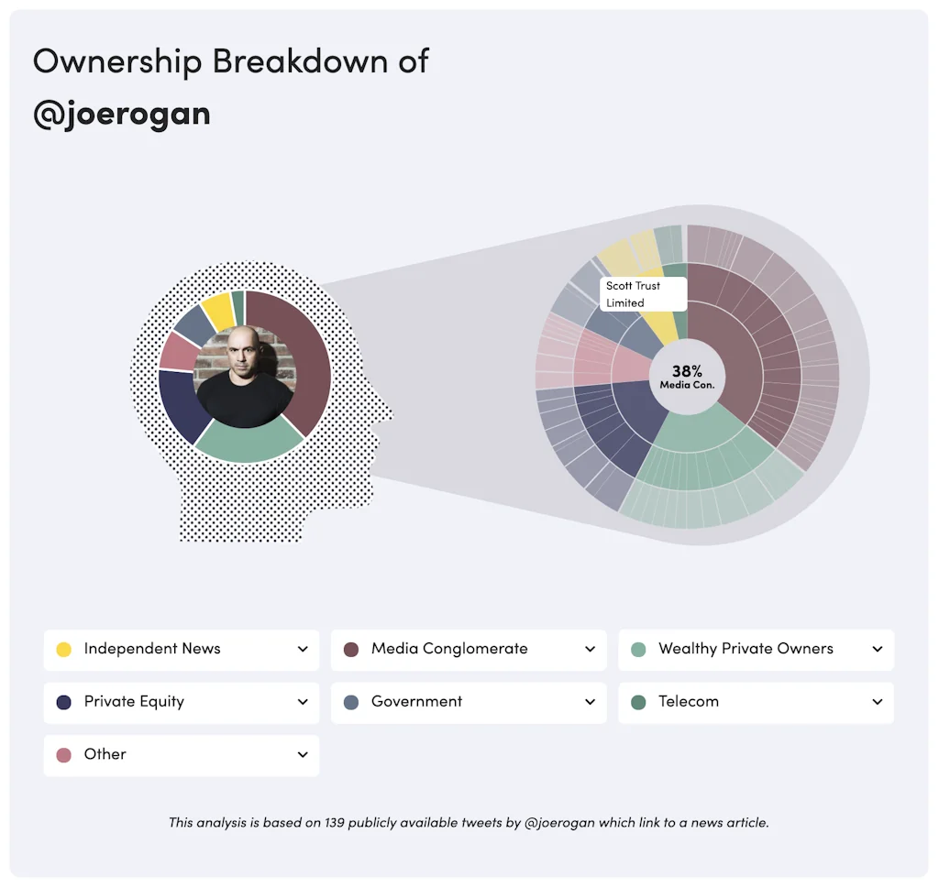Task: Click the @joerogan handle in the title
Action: tap(121, 115)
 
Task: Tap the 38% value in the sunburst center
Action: tap(687, 371)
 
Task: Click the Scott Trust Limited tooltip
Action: tap(643, 294)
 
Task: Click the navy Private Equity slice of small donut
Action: tap(178, 403)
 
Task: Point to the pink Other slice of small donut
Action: tap(175, 352)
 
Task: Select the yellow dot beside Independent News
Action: tap(64, 650)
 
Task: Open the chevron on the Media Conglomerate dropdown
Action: tap(590, 650)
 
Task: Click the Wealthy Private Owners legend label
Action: tap(746, 649)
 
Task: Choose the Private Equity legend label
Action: tap(134, 702)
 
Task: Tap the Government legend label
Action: tap(416, 702)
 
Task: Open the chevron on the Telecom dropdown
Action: tap(877, 702)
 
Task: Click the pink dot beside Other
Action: tap(64, 755)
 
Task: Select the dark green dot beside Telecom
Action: tap(639, 702)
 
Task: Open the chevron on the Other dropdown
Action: tap(303, 755)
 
